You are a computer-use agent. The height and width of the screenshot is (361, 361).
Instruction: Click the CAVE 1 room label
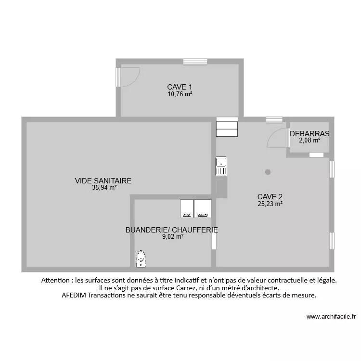(180, 87)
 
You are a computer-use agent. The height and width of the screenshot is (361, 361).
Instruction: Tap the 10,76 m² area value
(180, 94)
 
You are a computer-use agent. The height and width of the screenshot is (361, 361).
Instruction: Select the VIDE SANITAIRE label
(103, 181)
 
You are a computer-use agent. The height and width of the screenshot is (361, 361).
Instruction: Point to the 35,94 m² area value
(104, 188)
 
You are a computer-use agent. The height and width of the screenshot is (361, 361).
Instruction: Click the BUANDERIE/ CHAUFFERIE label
(171, 230)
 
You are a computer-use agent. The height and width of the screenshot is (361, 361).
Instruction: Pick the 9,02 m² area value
(173, 237)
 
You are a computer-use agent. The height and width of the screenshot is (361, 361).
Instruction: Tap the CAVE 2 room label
(270, 196)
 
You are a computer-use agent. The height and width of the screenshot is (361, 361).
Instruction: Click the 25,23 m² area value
(270, 204)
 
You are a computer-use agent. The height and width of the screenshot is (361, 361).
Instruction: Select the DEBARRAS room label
(309, 134)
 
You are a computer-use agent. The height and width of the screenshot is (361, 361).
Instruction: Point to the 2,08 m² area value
(309, 141)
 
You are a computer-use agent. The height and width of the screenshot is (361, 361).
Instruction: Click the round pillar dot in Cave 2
(268, 172)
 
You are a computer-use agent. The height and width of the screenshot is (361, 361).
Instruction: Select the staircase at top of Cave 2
(227, 128)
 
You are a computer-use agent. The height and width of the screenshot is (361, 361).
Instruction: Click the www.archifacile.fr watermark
(331, 316)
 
